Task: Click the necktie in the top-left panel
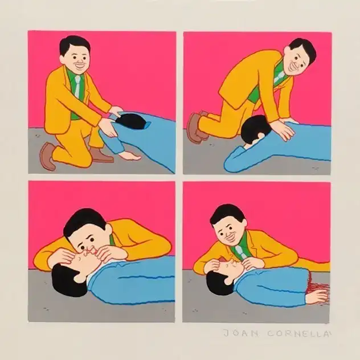click(77, 86)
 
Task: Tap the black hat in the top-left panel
click(130, 121)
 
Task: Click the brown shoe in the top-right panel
click(195, 127)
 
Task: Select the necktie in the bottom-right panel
click(239, 250)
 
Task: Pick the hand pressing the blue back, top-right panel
click(283, 129)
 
